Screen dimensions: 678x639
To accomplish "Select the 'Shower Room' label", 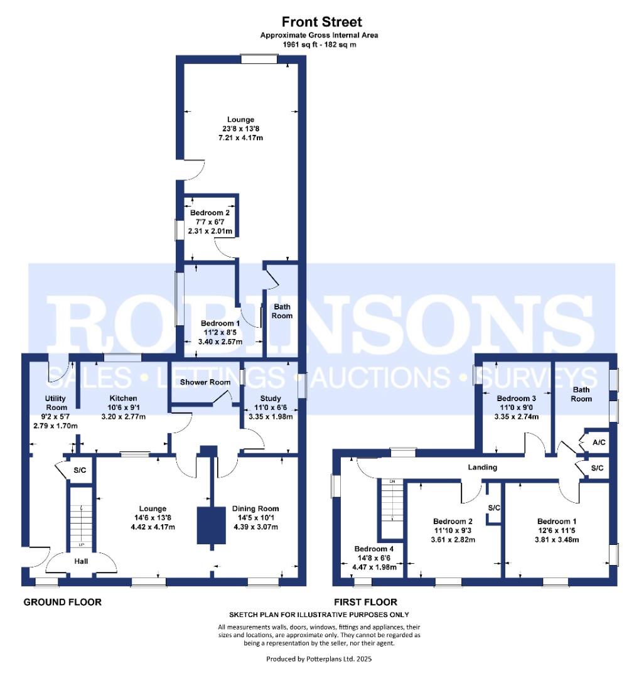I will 199,382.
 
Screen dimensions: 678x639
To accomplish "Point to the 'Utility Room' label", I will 55,403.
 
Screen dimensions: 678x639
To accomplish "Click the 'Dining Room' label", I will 255,508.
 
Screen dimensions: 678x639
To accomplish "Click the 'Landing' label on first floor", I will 483,467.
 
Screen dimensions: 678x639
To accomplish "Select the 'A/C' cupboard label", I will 599,443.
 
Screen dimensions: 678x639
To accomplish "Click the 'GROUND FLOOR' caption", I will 62,603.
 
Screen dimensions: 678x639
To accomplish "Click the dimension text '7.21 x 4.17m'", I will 240,137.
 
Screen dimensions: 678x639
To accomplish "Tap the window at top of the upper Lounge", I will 259,59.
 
